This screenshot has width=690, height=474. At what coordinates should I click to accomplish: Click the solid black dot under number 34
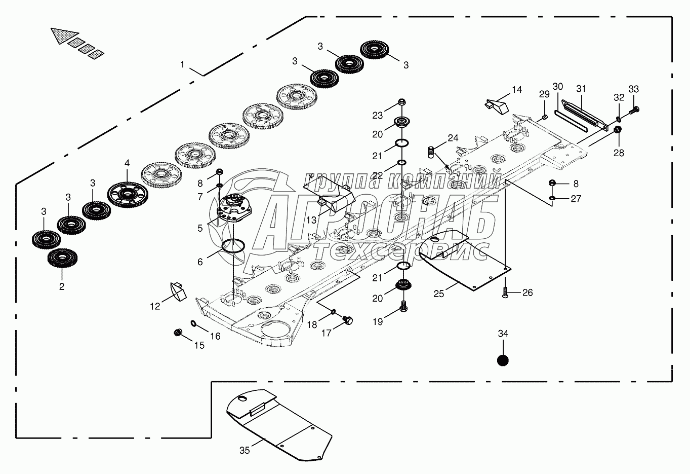point(502,360)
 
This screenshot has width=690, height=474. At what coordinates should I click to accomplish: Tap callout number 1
point(183,65)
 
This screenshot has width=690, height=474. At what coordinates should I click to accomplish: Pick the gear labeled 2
point(62,258)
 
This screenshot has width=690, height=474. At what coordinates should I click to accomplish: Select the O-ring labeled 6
point(233,245)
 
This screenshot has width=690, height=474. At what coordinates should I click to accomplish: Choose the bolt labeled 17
point(347,320)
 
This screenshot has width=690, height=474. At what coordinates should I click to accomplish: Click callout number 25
point(438,294)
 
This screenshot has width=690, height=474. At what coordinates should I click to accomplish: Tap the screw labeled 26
point(505,291)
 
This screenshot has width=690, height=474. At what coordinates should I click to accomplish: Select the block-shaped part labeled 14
point(496,105)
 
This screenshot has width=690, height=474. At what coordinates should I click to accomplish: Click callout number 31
point(581,89)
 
